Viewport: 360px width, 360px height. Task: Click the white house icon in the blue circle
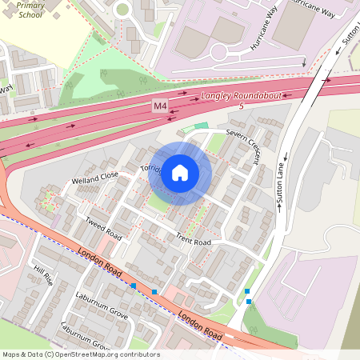pyautogui.click(x=180, y=173)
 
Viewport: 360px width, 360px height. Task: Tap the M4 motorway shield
pyautogui.click(x=161, y=106)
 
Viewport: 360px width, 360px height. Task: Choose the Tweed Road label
pyautogui.click(x=103, y=226)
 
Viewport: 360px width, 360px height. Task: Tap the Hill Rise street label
pyautogui.click(x=42, y=276)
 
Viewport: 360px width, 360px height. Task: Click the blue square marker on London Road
pyautogui.click(x=154, y=291)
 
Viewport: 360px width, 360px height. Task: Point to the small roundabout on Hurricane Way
pyautogui.click(x=221, y=51)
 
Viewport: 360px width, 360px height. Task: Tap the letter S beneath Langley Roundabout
pyautogui.click(x=241, y=106)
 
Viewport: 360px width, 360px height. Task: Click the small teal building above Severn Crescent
pyautogui.click(x=201, y=126)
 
